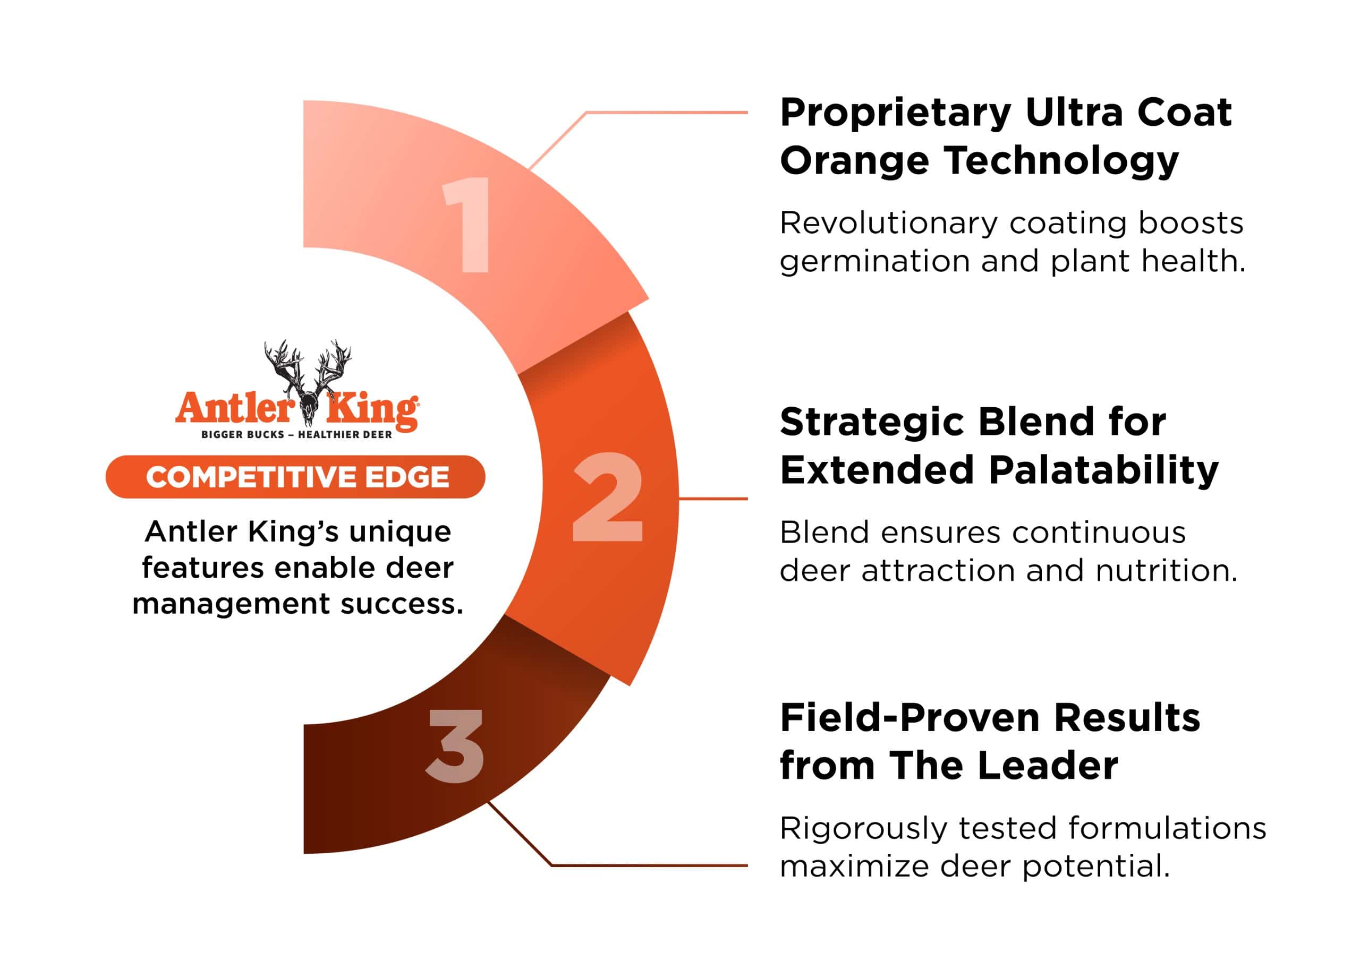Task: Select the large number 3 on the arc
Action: click(x=455, y=745)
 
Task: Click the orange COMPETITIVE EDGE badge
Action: click(x=295, y=477)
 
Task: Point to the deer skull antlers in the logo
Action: click(x=308, y=379)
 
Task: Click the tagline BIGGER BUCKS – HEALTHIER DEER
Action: click(x=297, y=435)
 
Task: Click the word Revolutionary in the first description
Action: click(x=888, y=225)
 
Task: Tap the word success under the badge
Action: click(x=402, y=605)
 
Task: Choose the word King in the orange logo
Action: click(x=373, y=409)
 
